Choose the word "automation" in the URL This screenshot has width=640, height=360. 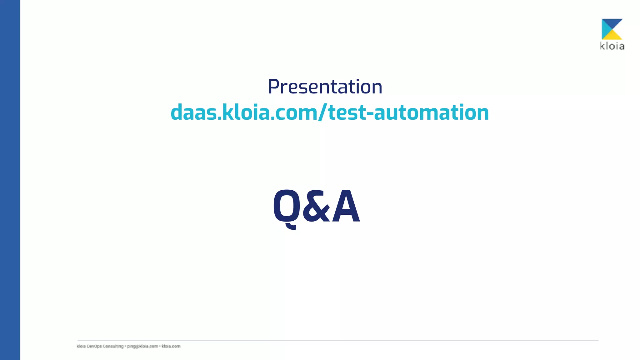[431, 112]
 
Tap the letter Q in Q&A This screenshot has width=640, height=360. [285, 207]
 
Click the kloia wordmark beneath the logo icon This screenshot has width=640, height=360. [612, 46]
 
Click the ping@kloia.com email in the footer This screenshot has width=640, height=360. [142, 346]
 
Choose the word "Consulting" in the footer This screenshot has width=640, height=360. [113, 346]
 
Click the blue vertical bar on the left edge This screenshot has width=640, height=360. [10, 180]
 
